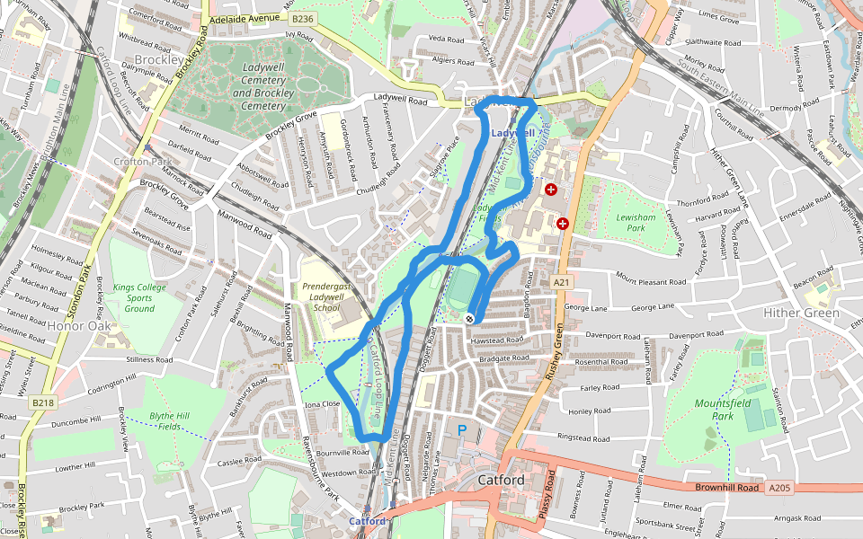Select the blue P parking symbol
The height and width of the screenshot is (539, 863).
[462, 431]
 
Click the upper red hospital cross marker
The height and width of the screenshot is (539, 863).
[551, 190]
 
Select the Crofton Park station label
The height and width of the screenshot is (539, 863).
[137, 162]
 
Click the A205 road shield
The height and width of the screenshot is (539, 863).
[778, 488]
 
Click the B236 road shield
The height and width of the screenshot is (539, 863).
[303, 17]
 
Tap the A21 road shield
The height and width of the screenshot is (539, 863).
[563, 282]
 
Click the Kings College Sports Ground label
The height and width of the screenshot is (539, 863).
[139, 298]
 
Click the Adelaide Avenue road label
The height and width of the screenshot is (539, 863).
[245, 18]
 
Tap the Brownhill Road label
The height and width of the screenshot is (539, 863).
[725, 487]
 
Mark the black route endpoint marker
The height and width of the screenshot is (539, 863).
[469, 318]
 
